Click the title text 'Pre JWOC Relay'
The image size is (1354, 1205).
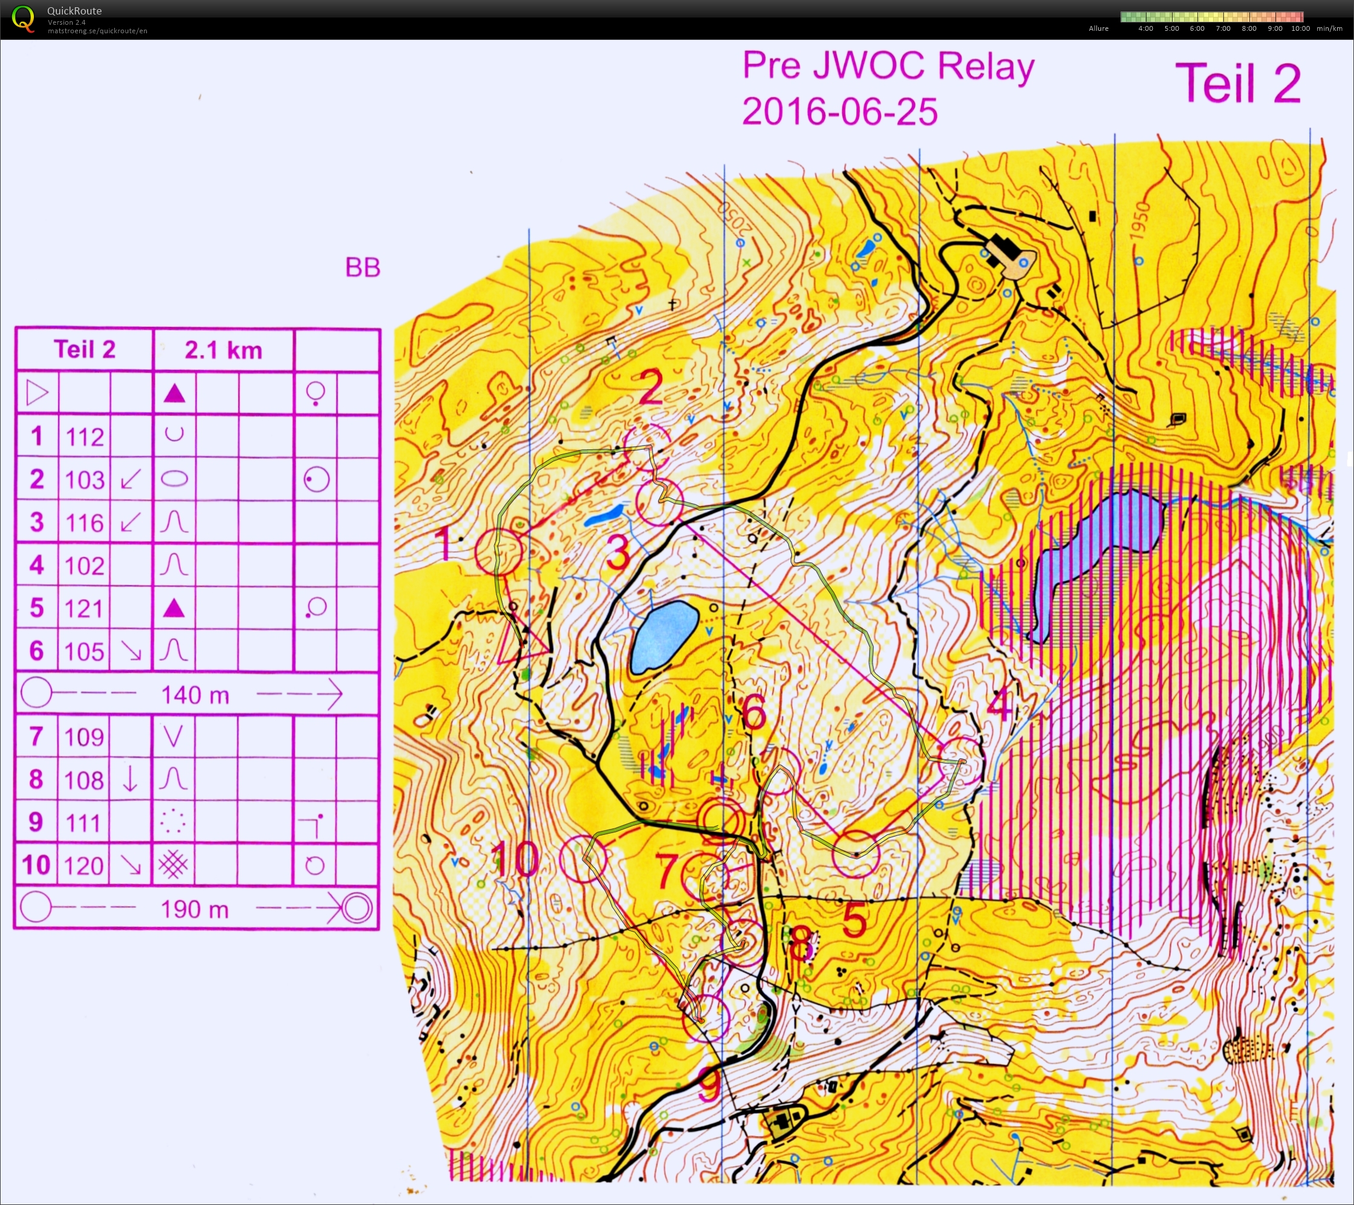click(x=888, y=67)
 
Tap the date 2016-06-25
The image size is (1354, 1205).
click(x=839, y=111)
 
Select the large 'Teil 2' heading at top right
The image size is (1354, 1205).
click(x=1237, y=83)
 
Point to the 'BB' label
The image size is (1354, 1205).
click(x=362, y=268)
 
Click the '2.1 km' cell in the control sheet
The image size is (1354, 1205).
click(x=223, y=350)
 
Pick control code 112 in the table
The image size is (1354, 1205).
click(x=85, y=437)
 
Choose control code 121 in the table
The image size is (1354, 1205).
click(x=85, y=608)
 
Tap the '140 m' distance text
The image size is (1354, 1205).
click(x=195, y=695)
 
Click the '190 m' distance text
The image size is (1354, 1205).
click(x=195, y=909)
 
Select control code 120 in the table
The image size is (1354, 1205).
click(x=85, y=865)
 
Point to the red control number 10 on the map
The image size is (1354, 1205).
click(x=515, y=859)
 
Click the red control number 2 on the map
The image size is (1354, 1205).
click(x=650, y=388)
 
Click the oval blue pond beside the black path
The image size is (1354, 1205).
click(x=665, y=636)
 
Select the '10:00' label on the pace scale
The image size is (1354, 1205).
click(x=1300, y=28)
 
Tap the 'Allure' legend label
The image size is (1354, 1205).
click(x=1098, y=28)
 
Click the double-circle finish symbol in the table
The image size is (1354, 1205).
click(x=357, y=908)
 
